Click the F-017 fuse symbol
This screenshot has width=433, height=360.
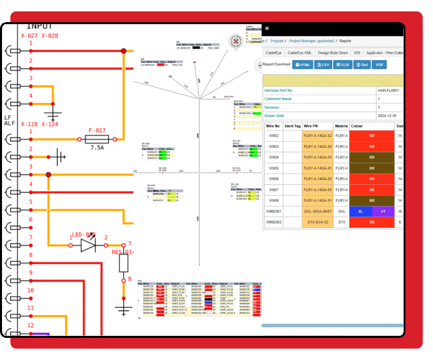97,139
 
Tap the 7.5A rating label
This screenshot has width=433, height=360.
98,148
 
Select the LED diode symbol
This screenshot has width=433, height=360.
88,245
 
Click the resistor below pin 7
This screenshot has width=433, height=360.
124,263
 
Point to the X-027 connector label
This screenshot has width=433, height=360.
29,36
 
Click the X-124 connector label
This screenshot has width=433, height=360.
50,124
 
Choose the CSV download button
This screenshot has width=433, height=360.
322,64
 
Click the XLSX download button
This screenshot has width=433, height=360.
342,64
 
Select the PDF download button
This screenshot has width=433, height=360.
379,64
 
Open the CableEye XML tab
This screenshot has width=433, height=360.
299,53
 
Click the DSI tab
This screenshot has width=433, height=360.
357,53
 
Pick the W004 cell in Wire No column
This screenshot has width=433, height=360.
274,157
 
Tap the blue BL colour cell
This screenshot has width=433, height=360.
361,212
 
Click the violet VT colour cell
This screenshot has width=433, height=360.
382,212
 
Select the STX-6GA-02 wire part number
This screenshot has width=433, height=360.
317,222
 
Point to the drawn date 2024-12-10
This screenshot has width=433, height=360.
387,116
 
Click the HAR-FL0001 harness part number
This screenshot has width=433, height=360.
388,91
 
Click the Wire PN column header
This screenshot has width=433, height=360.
310,126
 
